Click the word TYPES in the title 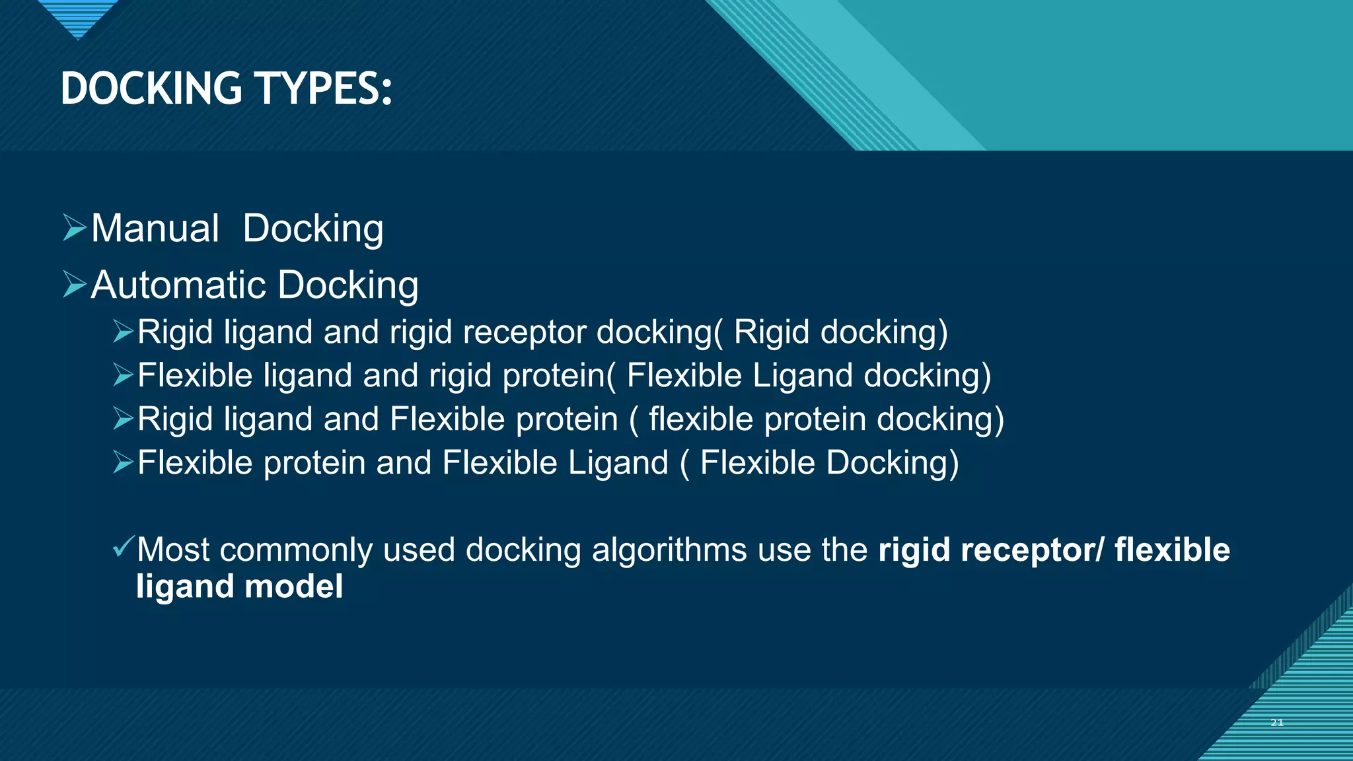coord(324,89)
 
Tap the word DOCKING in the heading coord(151,89)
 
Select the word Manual coord(155,229)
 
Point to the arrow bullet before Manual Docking coord(74,227)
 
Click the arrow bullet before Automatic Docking coord(74,284)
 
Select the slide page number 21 coord(1276,723)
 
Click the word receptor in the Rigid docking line coord(525,332)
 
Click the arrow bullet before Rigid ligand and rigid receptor coord(123,331)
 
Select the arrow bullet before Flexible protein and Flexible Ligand coord(123,462)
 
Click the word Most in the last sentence coord(173,550)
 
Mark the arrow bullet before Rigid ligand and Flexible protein coord(123,418)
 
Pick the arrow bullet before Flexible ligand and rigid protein coord(123,375)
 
